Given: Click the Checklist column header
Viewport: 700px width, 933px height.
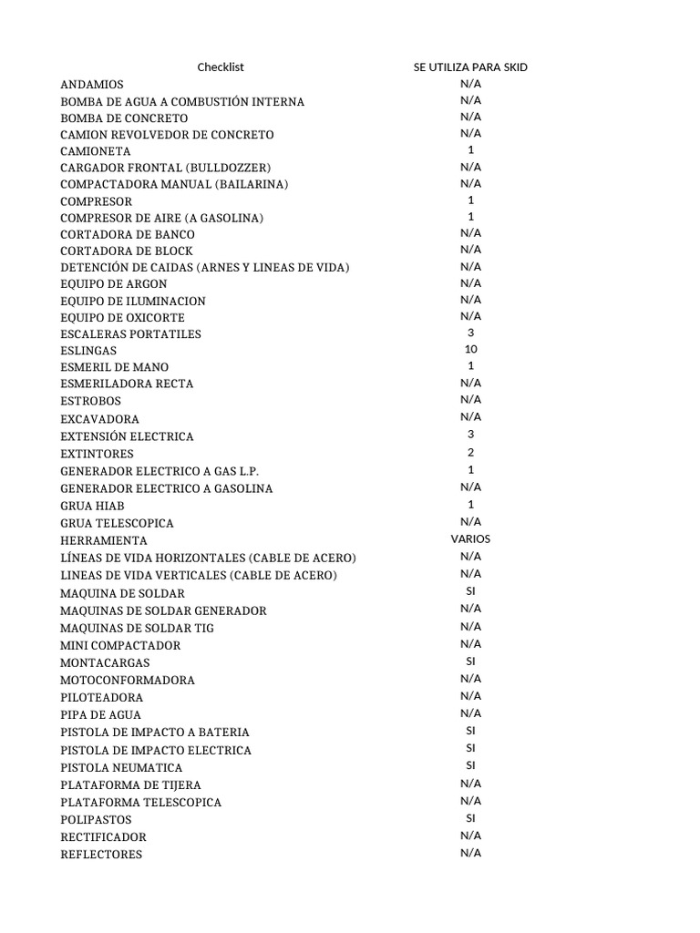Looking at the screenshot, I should [221, 67].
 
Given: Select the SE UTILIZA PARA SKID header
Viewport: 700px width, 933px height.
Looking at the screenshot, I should [470, 67].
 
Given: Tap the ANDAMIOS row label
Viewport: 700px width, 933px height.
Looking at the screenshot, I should [92, 85].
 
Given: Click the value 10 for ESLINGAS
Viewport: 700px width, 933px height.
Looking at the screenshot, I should [470, 350].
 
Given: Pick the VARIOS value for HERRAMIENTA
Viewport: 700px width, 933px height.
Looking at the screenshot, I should [470, 539].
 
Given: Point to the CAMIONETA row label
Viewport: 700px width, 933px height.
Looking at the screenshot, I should [96, 151].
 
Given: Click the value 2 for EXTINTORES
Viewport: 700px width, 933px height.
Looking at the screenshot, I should [470, 453].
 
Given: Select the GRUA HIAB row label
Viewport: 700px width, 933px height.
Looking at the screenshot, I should [92, 506].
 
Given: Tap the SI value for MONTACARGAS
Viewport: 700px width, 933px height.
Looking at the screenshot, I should [470, 661].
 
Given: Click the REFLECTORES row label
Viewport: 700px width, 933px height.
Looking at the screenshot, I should [101, 855].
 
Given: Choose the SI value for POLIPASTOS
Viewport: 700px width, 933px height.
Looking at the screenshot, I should [470, 818].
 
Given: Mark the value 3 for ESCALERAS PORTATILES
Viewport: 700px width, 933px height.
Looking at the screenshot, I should [470, 333].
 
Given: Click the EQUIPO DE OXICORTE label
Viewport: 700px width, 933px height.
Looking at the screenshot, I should [122, 318].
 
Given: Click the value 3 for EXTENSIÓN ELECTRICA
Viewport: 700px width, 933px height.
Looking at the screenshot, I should [470, 435].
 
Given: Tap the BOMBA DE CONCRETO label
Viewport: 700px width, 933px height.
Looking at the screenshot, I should [124, 118].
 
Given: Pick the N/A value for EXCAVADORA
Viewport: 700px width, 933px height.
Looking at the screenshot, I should [470, 417].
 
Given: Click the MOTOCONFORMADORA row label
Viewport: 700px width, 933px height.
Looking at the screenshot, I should [128, 680].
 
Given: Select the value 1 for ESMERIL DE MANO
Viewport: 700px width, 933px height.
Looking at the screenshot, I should [470, 366].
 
